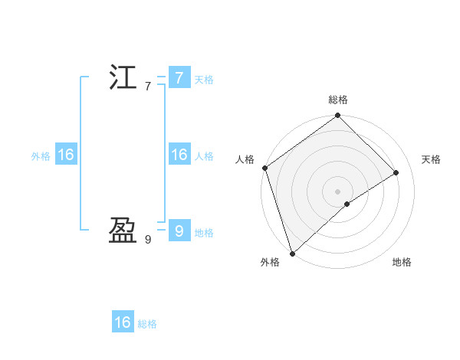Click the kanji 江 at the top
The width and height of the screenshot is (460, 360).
123,78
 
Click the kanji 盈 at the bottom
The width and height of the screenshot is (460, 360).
123,230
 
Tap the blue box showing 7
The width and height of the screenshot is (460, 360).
179,78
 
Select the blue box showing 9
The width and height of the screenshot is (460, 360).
179,230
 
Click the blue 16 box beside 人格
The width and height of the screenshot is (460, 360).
179,155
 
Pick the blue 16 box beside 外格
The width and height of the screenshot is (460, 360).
65,155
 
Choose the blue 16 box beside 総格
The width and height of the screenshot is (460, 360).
123,322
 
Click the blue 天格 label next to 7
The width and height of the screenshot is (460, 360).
204,80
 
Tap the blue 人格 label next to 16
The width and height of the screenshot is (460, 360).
204,156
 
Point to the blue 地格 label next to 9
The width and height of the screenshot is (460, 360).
204,233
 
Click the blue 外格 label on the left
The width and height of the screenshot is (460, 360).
41,156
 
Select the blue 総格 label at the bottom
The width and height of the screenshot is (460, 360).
147,324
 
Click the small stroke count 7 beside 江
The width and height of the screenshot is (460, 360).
148,87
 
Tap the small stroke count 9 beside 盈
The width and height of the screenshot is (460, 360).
148,240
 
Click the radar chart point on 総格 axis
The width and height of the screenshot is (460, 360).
337,116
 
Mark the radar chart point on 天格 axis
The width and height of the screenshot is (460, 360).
396,172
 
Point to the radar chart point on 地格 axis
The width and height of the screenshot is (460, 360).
347,204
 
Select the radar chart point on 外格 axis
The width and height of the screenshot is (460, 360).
292,252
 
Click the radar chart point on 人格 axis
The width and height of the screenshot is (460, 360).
264,168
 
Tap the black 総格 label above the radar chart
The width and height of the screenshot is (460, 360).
337,100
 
